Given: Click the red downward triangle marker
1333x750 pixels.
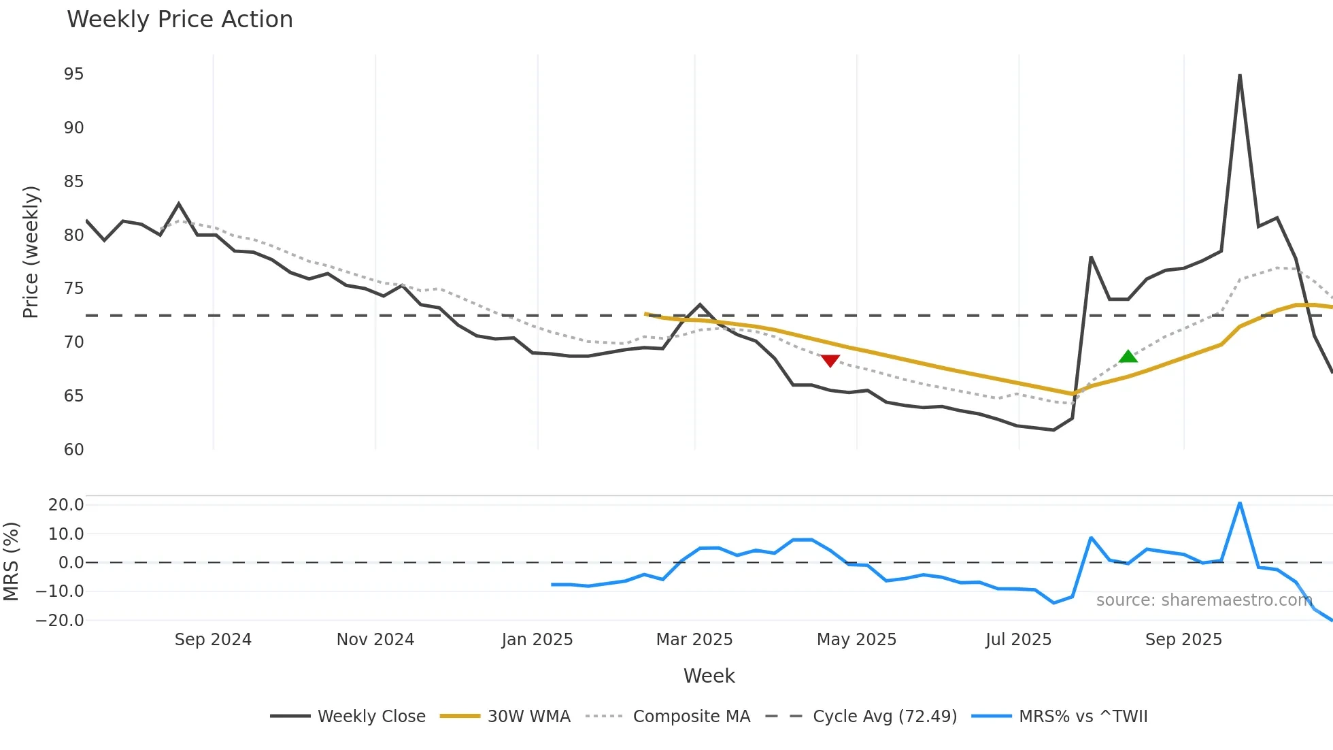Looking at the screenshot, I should point(830,361).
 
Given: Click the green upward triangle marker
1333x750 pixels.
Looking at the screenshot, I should point(1128,357).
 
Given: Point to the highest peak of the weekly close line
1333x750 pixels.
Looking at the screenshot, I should point(1240,76).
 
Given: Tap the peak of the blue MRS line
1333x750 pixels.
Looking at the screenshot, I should point(1240,504).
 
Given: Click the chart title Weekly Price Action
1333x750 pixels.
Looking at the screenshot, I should point(180,19).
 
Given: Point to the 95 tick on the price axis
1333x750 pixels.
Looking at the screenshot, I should point(73,74).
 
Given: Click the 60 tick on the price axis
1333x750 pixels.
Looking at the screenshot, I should point(73,450).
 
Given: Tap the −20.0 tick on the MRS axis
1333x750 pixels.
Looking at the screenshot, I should point(60,621).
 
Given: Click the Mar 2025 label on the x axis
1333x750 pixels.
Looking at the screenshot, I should point(694,640).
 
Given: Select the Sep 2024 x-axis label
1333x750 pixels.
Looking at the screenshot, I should point(213,640).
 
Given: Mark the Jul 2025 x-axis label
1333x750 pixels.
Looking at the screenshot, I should point(1018,640).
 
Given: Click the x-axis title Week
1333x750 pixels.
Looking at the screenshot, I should point(709,676).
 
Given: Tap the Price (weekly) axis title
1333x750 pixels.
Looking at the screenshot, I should point(31,252).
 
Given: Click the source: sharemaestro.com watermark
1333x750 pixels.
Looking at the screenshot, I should point(1204,600).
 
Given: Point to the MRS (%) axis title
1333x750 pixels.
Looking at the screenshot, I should point(11,561).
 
